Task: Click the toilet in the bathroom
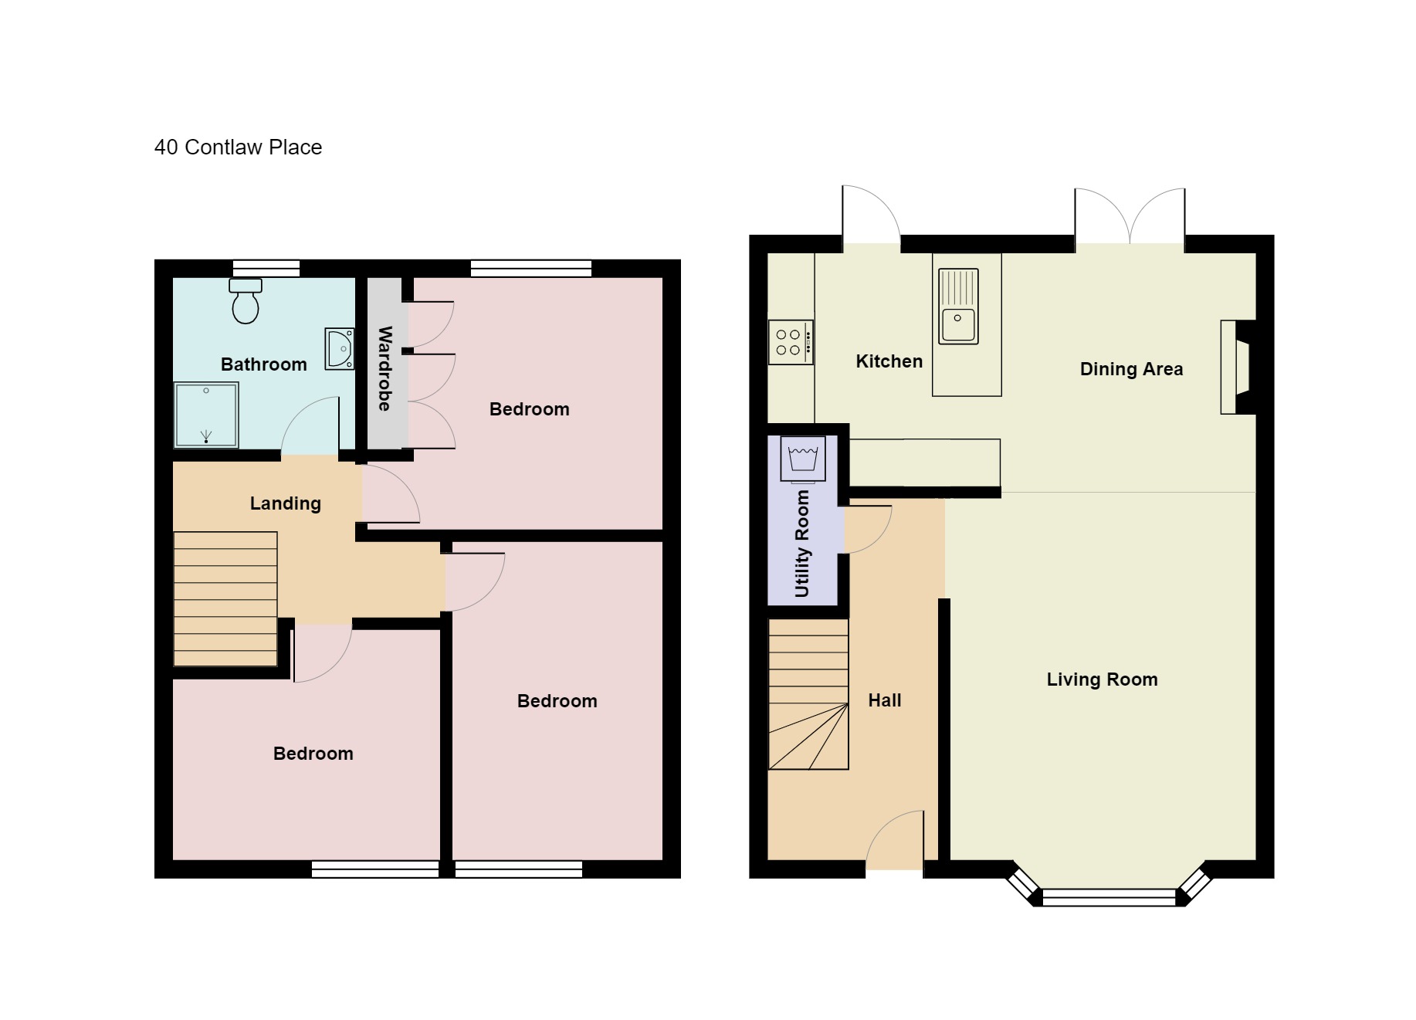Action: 246,301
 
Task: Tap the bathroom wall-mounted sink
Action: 340,349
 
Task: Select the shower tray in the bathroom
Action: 206,415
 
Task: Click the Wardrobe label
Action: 384,368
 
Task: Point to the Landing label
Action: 285,503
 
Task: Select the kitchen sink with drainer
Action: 958,306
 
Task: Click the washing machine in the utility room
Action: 803,459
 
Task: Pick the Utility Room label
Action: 802,544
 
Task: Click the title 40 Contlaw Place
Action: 238,147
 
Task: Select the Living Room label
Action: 1102,679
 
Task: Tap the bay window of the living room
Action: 1108,896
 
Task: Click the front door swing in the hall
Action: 896,842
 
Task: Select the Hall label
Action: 884,700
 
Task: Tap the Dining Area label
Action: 1131,369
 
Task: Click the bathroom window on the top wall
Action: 266,268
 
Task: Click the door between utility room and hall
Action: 866,528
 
